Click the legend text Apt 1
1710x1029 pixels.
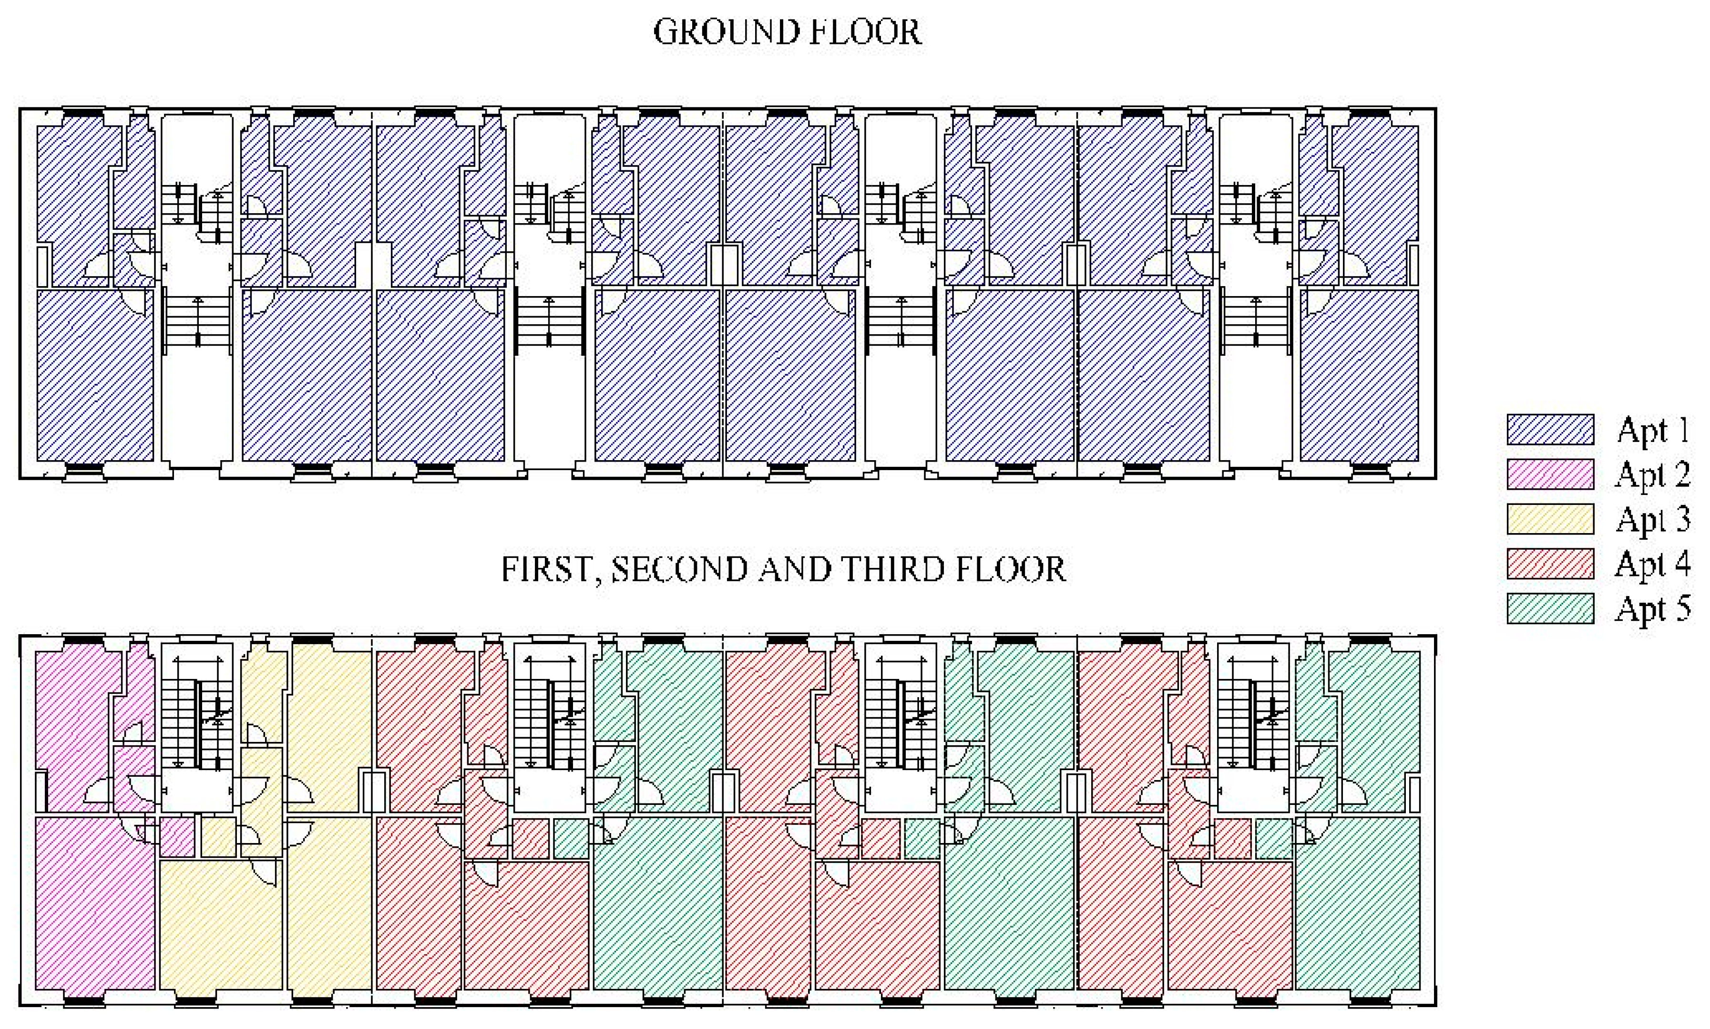coord(1653,430)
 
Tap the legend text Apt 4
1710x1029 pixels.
coord(1653,565)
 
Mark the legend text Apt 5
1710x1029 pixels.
coord(1653,609)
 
